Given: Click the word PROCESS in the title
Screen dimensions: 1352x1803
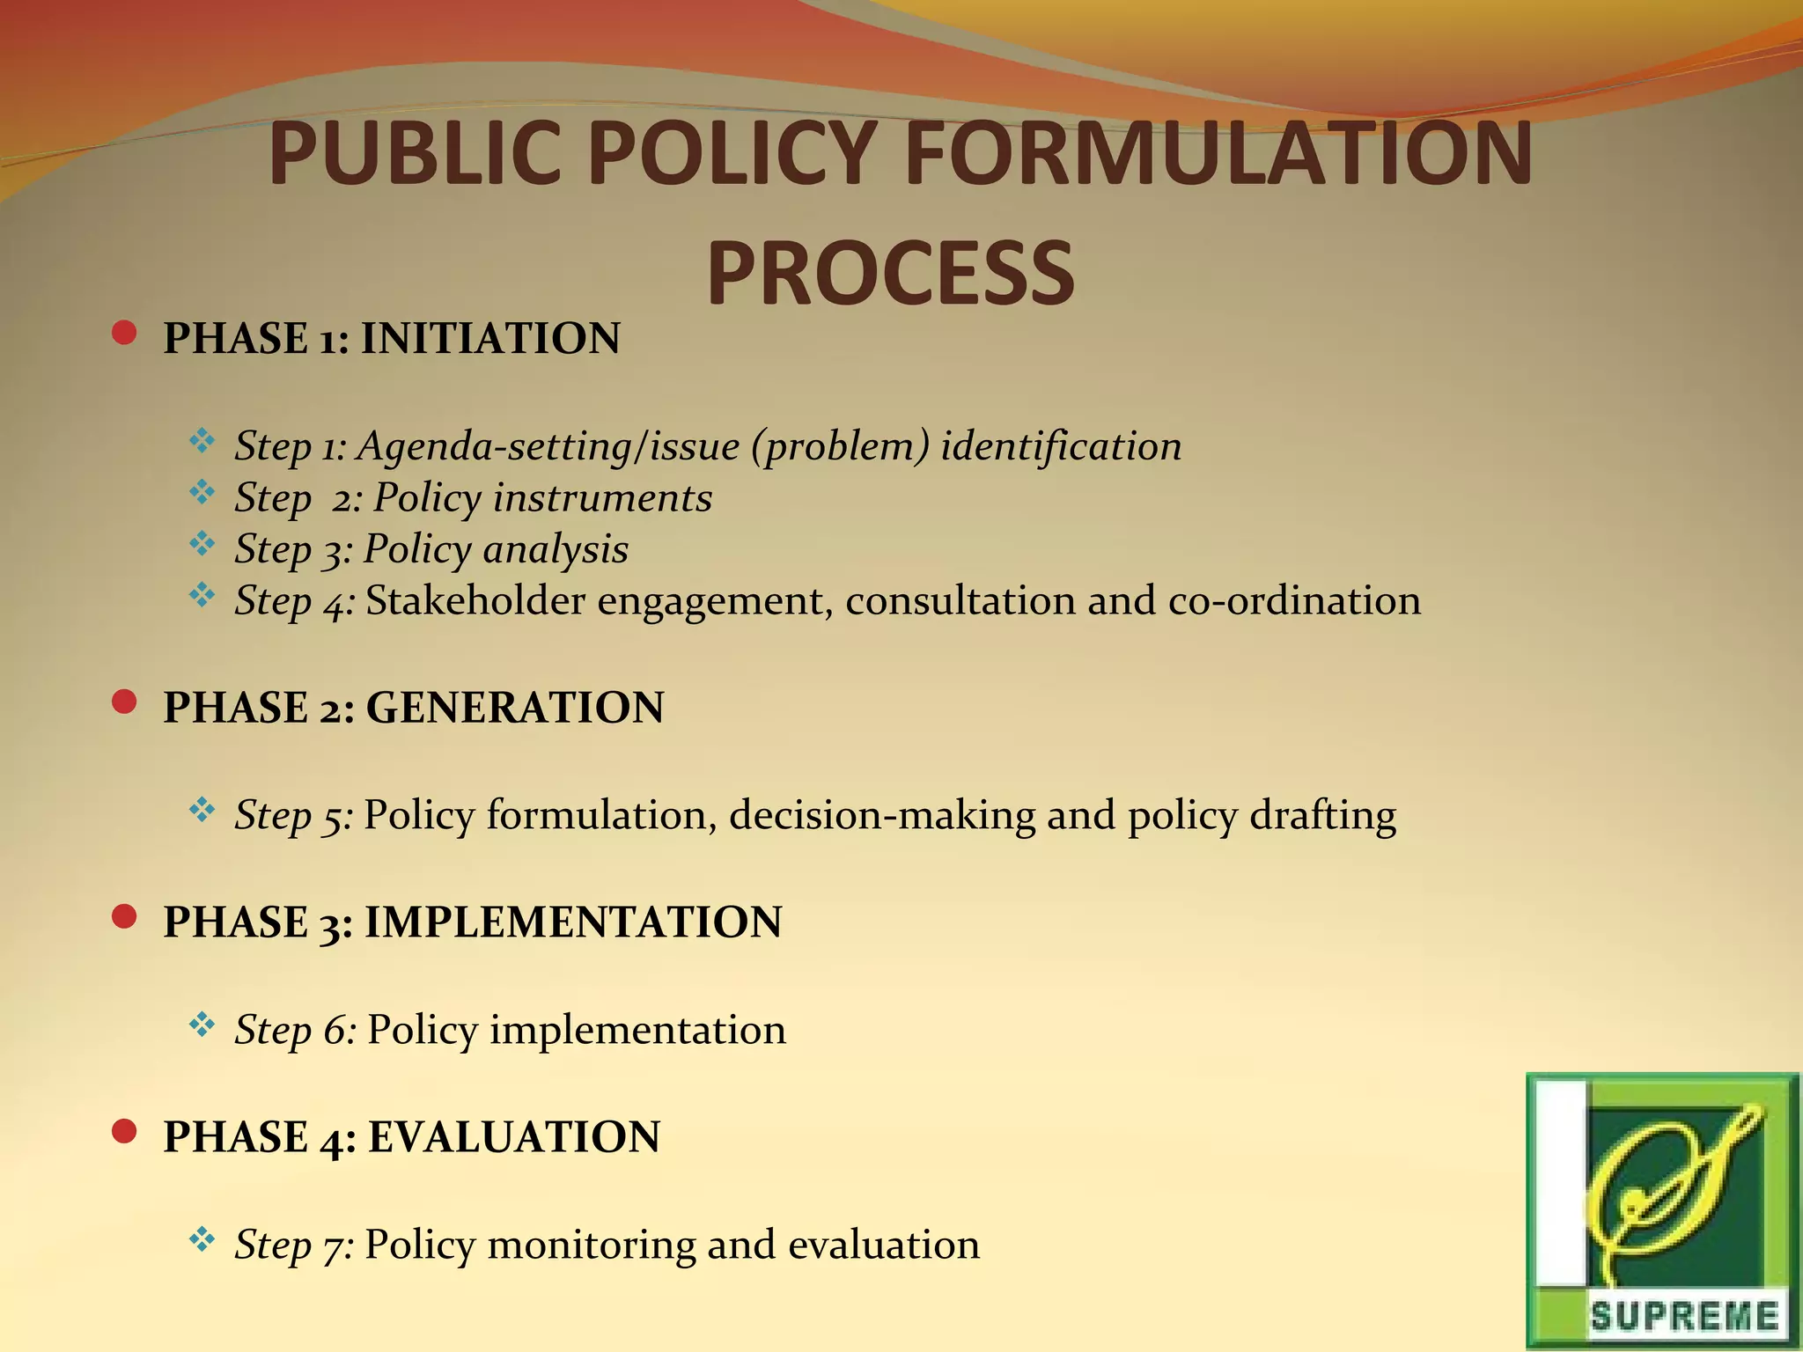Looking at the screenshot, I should pos(890,274).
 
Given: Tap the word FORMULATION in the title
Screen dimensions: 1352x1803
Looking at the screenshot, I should pos(1218,154).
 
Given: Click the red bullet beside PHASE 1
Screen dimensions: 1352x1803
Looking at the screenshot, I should pos(125,334).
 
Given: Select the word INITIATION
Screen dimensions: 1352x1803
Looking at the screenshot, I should pos(490,339).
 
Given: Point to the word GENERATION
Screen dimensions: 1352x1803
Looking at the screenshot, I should pos(515,708).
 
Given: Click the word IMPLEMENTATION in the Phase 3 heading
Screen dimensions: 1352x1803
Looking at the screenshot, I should pos(573,922).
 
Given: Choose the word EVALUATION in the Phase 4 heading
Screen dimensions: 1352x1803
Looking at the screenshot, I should pos(514,1137).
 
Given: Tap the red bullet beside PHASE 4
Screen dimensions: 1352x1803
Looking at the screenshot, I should pos(125,1131).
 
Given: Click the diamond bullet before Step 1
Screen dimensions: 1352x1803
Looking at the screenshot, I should pos(202,440).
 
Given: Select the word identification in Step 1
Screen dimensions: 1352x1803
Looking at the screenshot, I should pos(1061,446).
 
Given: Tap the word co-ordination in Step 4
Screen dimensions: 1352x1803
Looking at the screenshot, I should pos(1294,601).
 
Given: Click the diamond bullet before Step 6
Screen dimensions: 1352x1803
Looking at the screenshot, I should pos(202,1024).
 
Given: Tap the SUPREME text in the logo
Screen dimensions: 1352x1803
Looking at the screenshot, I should pos(1683,1317).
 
